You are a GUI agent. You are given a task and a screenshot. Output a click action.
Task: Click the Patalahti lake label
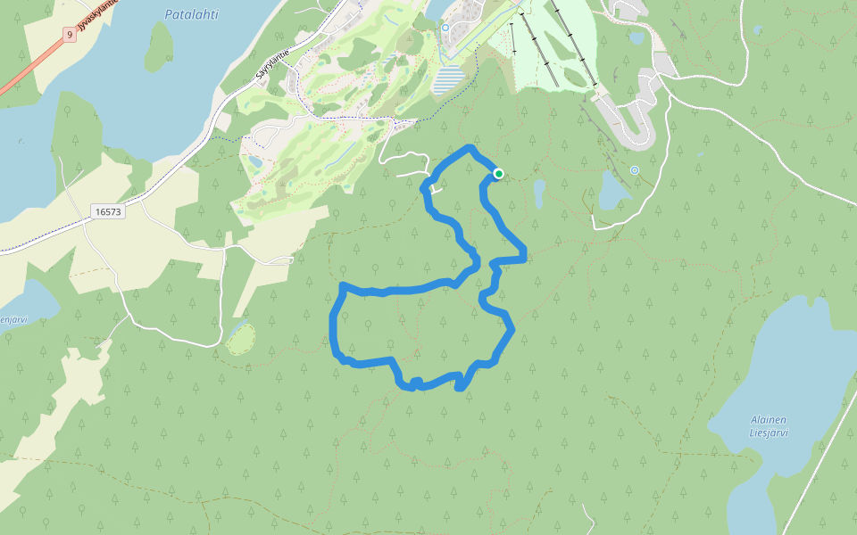click(x=191, y=14)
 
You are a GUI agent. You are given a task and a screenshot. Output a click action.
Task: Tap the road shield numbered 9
click(x=69, y=35)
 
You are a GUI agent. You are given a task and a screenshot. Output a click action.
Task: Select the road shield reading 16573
click(x=107, y=211)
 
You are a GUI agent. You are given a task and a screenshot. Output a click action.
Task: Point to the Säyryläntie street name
click(x=271, y=64)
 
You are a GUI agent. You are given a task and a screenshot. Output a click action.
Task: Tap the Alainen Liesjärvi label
click(x=769, y=427)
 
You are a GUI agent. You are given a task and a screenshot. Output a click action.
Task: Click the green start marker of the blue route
click(x=498, y=174)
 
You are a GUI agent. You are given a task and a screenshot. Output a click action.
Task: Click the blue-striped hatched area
click(x=450, y=79)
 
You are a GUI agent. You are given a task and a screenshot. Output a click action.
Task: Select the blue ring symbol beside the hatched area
click(x=445, y=28)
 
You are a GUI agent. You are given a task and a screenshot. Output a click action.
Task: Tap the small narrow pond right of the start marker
click(x=539, y=193)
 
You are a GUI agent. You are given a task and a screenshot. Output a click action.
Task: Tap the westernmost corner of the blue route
click(x=334, y=321)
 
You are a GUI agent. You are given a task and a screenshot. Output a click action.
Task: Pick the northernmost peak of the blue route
click(x=470, y=146)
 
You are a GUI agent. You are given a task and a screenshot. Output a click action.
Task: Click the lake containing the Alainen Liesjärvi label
click(x=786, y=374)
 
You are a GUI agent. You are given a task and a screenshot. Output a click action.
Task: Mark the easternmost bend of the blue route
click(x=524, y=257)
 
